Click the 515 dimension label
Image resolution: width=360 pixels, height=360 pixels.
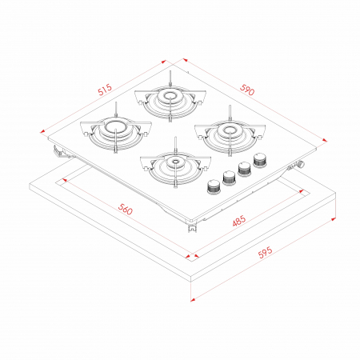tap(105, 90)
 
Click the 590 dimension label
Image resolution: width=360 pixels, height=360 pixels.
tap(247, 90)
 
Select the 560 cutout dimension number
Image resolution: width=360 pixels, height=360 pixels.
tap(125, 209)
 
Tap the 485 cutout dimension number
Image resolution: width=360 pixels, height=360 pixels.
tap(239, 221)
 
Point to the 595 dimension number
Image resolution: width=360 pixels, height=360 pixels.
tap(266, 252)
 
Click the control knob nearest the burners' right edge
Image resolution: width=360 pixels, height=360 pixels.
tap(259, 160)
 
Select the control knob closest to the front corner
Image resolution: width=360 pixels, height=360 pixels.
tap(213, 186)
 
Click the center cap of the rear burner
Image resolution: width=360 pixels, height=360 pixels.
tap(170, 96)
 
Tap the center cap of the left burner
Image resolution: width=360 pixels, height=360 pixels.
tap(115, 126)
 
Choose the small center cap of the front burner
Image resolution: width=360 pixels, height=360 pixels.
tap(175, 161)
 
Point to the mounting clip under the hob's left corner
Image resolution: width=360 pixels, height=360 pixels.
tap(58, 151)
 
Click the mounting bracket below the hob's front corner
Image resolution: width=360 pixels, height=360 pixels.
tap(192, 228)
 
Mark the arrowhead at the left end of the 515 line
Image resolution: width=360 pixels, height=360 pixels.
tap(42, 131)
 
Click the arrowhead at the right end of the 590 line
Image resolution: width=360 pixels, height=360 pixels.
tap(324, 140)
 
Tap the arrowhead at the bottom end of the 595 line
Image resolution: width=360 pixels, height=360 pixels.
tap(193, 299)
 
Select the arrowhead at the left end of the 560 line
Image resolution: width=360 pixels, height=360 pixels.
tap(64, 180)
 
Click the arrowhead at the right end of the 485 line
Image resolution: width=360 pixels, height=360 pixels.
tap(302, 191)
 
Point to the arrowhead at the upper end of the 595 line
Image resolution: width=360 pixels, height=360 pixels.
tap(334, 219)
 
